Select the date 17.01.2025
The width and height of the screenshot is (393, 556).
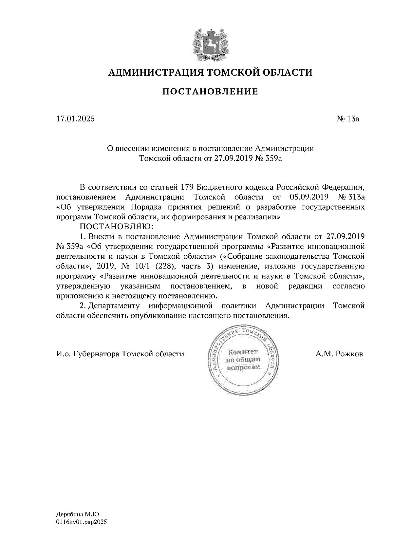tap(75, 119)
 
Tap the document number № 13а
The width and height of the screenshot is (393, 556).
tap(348, 119)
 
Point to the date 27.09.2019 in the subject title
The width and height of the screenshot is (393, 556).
tap(233, 158)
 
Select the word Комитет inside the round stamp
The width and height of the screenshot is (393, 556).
tap(243, 352)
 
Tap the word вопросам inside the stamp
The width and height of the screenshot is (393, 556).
tap(243, 367)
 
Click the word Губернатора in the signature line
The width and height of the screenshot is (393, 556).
tap(97, 354)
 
